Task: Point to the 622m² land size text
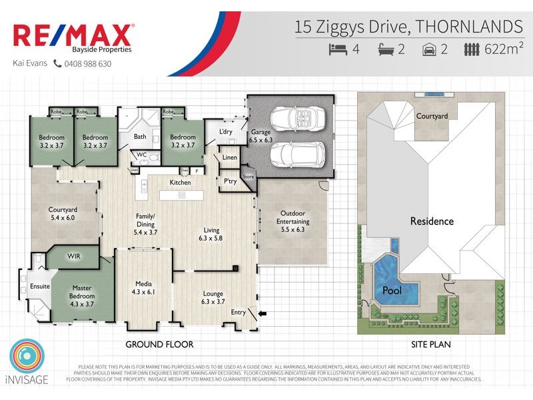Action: (x=504, y=49)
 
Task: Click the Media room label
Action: (x=144, y=287)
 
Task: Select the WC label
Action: (x=141, y=155)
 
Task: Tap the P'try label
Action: (x=230, y=181)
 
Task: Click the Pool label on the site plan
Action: (x=391, y=291)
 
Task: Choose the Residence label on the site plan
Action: (x=431, y=221)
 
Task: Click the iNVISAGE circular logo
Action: (x=27, y=357)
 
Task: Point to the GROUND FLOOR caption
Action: (x=160, y=345)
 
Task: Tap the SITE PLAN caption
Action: (x=431, y=345)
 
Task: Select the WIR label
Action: (x=73, y=256)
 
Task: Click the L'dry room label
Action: (x=226, y=132)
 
